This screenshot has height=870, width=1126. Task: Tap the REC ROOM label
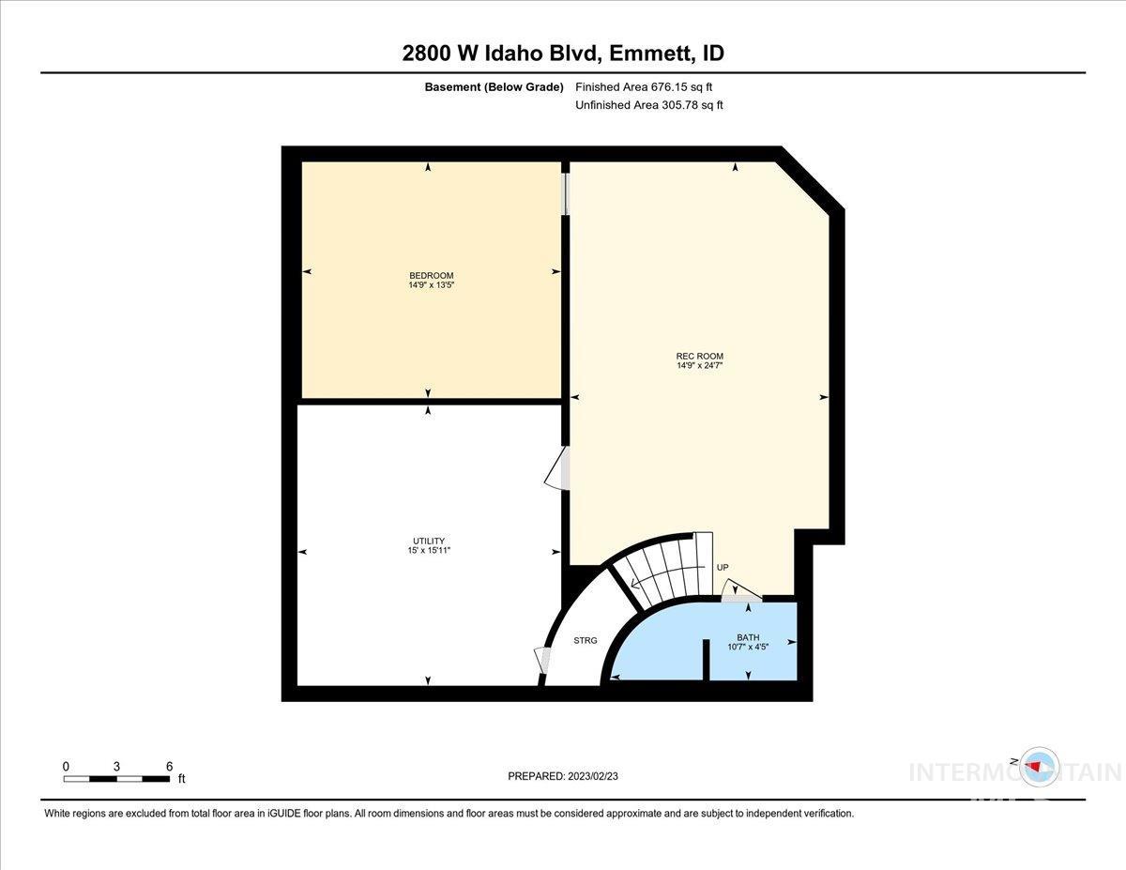699,356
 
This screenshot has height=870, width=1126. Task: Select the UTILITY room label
428,541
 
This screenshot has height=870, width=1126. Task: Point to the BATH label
748,637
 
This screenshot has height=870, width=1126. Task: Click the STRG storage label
585,641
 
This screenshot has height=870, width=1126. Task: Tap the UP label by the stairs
723,568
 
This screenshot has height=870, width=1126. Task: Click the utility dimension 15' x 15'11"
428,550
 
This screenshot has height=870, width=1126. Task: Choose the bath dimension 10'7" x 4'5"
748,647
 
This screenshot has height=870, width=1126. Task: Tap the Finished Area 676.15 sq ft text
649,87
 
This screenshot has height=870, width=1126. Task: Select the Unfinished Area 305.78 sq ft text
649,105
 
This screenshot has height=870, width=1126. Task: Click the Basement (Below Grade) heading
494,87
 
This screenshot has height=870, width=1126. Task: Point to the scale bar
117,778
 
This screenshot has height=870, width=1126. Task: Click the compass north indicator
1037,766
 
